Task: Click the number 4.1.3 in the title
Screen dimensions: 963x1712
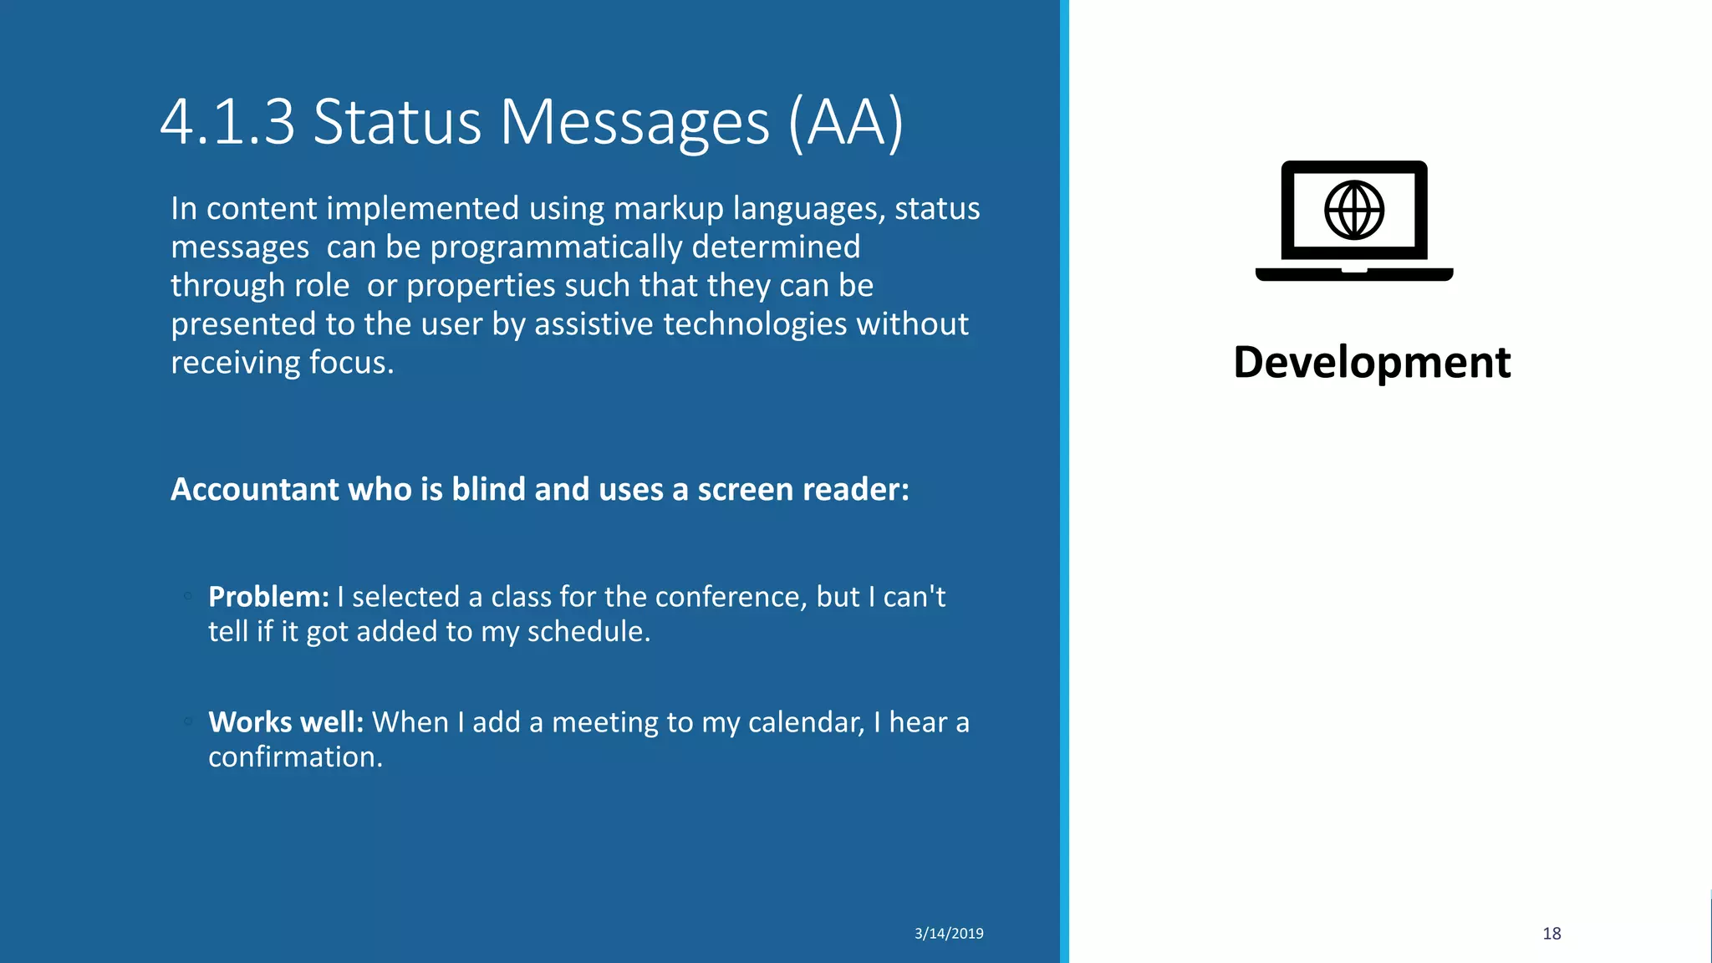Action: coord(227,123)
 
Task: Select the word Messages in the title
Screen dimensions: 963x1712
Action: coord(634,123)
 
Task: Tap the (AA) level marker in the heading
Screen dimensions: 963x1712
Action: coord(845,123)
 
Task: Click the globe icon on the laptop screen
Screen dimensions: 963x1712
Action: coord(1354,210)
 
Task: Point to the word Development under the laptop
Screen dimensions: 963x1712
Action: coord(1372,363)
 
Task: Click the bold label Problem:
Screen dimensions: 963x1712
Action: coord(268,597)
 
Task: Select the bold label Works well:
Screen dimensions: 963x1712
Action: coord(286,722)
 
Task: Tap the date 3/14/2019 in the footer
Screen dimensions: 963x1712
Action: coord(949,934)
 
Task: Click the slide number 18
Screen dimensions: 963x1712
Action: coord(1551,934)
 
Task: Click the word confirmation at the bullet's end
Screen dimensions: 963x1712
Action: coord(295,757)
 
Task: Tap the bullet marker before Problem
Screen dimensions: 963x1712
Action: coord(188,596)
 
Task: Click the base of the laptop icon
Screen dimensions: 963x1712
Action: coord(1354,274)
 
